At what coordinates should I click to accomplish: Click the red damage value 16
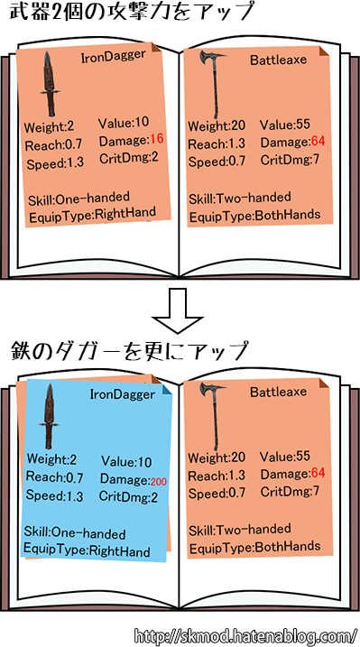157,140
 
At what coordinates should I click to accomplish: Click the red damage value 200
160,481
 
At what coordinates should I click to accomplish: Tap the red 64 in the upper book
317,142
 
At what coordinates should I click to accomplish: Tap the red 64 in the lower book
317,475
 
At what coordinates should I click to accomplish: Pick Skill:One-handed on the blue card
76,532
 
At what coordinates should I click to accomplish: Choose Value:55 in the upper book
283,125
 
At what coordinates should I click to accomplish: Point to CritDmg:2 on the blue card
128,496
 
